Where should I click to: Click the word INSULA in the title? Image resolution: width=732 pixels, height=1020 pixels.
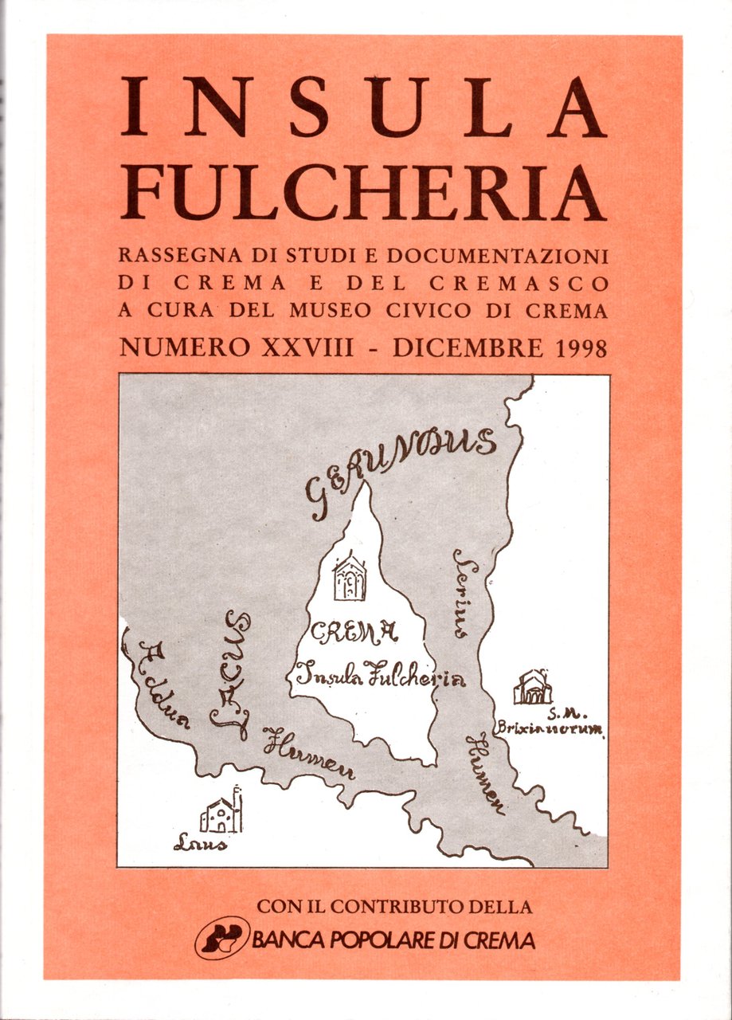tap(362, 108)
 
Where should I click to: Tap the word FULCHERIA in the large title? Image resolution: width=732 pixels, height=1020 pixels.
tap(362, 195)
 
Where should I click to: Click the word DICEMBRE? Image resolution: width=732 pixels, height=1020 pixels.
tap(461, 347)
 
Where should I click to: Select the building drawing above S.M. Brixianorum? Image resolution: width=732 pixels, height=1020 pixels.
tap(532, 688)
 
